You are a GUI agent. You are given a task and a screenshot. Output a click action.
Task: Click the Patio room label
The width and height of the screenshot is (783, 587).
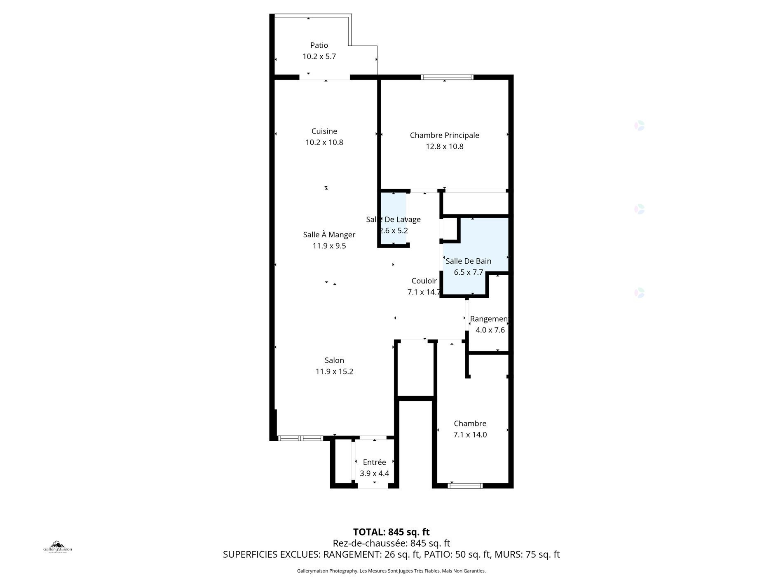(x=319, y=45)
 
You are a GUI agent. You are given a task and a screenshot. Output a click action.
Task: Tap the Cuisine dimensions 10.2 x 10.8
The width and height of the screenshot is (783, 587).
(x=324, y=143)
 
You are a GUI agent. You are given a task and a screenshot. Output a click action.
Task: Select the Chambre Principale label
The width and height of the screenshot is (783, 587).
(x=444, y=135)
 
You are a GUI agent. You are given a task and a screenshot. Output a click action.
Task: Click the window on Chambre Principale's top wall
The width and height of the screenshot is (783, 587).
(x=447, y=77)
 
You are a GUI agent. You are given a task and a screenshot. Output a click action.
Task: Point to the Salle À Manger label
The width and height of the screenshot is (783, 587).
(x=329, y=235)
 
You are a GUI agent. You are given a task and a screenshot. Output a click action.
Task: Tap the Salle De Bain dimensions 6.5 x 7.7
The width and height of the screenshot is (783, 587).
(x=468, y=272)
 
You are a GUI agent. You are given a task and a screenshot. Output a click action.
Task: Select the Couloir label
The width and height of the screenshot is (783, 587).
(x=424, y=281)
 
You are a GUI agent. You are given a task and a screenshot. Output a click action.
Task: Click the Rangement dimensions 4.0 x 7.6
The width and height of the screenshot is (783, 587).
(x=490, y=330)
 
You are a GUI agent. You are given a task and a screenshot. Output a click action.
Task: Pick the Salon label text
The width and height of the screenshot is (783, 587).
(x=334, y=360)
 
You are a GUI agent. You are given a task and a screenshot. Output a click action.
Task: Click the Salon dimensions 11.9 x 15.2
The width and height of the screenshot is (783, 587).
(x=334, y=372)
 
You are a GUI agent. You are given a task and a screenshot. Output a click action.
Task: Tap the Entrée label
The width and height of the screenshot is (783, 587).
(x=374, y=463)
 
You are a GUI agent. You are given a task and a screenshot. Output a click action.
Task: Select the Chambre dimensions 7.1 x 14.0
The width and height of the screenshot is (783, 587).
(x=470, y=435)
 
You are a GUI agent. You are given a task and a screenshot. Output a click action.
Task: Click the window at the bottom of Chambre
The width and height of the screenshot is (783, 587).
(x=465, y=486)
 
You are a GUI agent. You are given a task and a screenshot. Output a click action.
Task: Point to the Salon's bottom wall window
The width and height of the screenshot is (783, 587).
(x=300, y=438)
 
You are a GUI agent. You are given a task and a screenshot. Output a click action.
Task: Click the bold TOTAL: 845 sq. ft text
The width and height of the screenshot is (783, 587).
(x=391, y=532)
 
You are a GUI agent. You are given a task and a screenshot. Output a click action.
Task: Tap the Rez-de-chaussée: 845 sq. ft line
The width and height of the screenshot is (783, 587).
(x=391, y=543)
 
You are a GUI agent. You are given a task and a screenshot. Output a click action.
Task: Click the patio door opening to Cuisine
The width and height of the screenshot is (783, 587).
(x=324, y=77)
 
